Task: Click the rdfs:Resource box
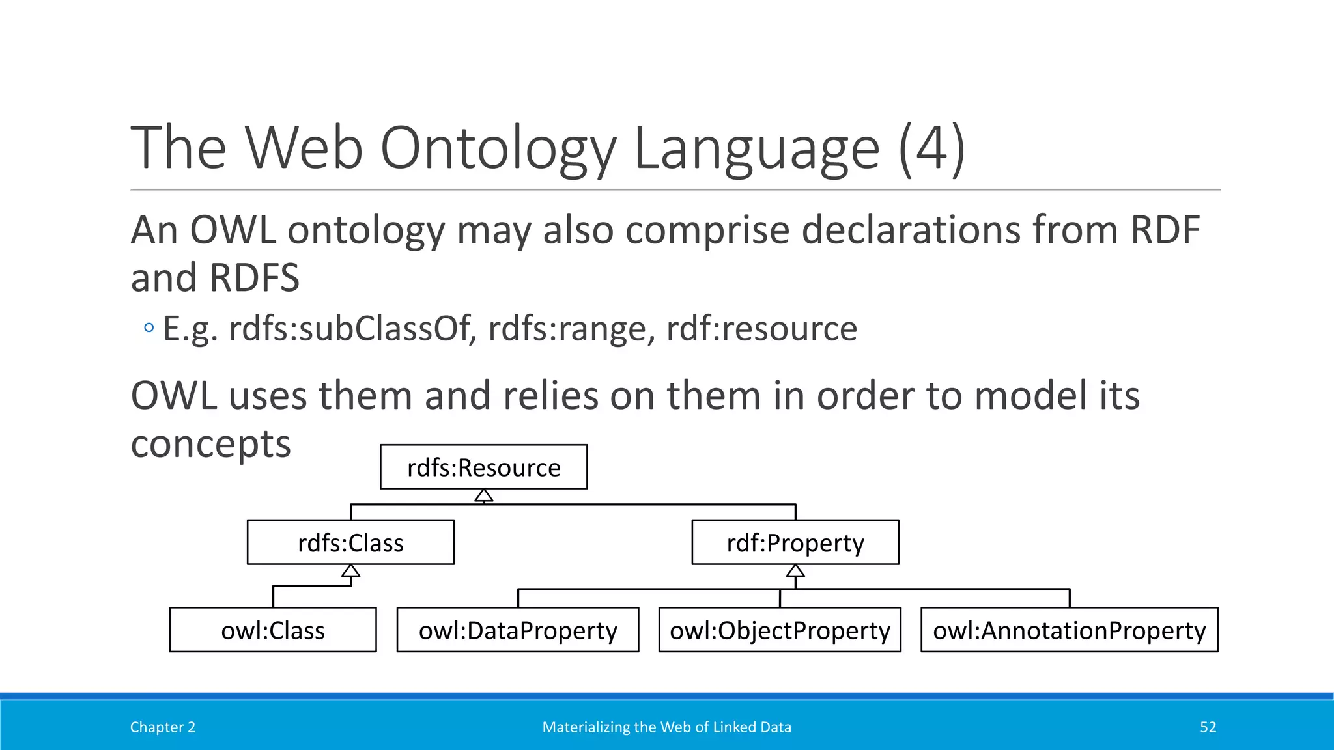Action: tap(483, 467)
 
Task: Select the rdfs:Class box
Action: tap(350, 542)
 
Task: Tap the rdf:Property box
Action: tap(795, 542)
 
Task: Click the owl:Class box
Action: tap(272, 630)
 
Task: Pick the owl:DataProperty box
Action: tap(518, 630)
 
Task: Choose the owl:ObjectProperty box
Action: tap(780, 630)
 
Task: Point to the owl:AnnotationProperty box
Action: tap(1069, 630)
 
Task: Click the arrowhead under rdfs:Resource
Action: tap(483, 496)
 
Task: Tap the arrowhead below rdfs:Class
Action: tap(350, 571)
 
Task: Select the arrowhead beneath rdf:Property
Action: tap(795, 571)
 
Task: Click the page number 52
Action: tap(1208, 727)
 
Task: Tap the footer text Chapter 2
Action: tap(162, 727)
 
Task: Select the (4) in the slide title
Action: tap(931, 148)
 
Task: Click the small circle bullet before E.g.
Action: tap(149, 327)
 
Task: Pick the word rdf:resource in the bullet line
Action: tap(761, 328)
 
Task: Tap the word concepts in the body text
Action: tap(210, 444)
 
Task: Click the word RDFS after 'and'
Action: tap(255, 278)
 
